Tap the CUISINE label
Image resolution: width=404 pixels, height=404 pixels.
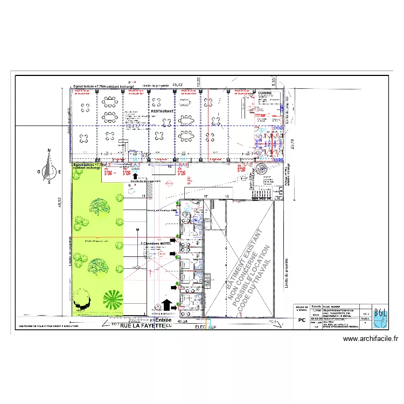265,93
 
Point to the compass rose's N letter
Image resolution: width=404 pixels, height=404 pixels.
49,151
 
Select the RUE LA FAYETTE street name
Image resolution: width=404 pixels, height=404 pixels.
142,326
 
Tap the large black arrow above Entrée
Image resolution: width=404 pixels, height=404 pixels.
166,306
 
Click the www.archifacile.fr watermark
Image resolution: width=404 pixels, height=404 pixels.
371,339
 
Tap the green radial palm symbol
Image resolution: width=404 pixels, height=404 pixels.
113,299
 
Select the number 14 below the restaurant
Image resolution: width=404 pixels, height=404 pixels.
170,167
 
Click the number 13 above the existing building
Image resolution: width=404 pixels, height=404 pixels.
227,196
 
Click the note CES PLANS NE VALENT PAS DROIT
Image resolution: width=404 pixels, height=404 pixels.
48,326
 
